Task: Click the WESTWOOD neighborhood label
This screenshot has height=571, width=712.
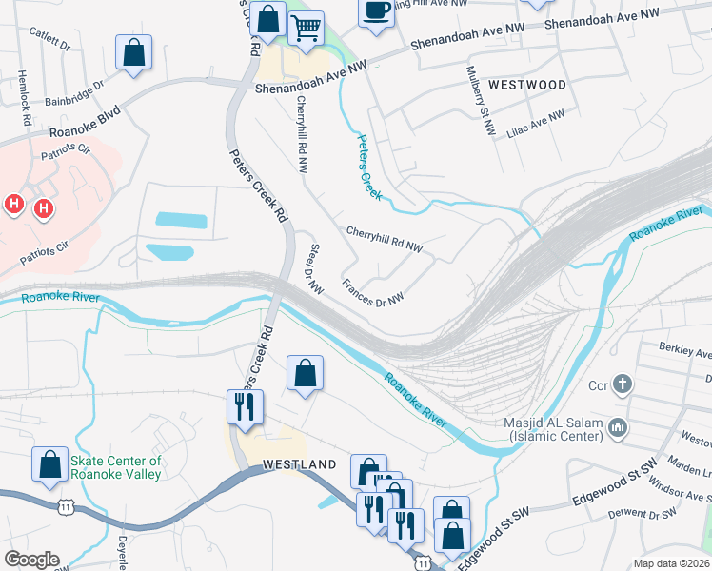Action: [x=526, y=85]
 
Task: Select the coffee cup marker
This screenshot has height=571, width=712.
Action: [x=376, y=11]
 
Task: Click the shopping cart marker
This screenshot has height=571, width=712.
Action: [x=306, y=29]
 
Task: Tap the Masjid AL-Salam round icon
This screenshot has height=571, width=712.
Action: [x=620, y=428]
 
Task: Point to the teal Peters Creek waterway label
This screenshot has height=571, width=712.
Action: [x=368, y=167]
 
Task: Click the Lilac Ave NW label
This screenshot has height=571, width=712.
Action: [x=535, y=124]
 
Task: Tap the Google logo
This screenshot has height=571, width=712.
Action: [x=32, y=560]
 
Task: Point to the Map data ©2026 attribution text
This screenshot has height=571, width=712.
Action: [x=671, y=563]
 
